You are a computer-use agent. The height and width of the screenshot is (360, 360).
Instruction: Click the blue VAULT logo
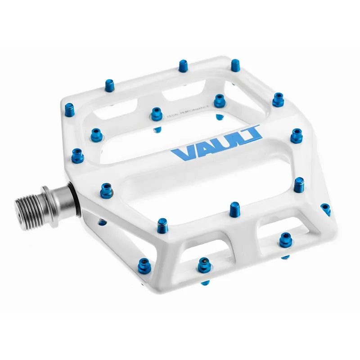(x=216, y=143)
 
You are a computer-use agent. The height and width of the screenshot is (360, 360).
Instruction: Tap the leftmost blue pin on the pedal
(x=77, y=155)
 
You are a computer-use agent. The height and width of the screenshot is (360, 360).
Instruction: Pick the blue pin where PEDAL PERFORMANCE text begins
(x=157, y=114)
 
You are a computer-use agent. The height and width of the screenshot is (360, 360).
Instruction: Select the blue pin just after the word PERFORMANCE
(x=220, y=100)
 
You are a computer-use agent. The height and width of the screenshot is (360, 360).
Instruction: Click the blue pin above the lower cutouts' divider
(x=234, y=208)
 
